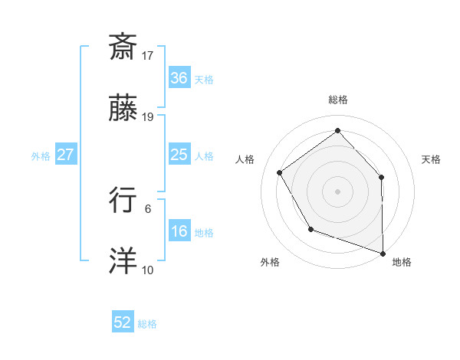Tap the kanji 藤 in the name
(x=123, y=110)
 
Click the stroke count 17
(x=148, y=55)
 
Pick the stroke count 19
(x=148, y=117)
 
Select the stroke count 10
(x=148, y=270)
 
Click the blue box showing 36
(x=179, y=78)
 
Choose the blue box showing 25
(x=179, y=155)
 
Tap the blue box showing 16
(x=179, y=231)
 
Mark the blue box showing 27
(x=65, y=155)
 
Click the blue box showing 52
(x=123, y=322)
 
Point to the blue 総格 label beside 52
(x=147, y=324)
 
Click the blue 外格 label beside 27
(x=41, y=156)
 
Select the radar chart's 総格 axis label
(x=338, y=100)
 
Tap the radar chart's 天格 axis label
(x=432, y=159)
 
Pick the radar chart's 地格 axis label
(x=402, y=262)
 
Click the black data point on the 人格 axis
(x=280, y=173)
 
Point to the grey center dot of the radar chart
(x=337, y=191)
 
